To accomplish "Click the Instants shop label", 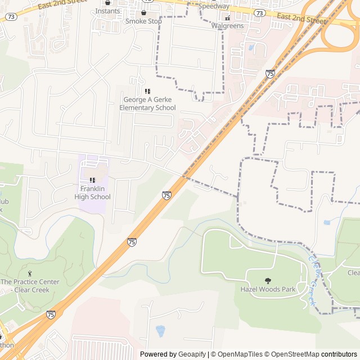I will (107, 11).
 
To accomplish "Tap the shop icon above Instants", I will (107, 3).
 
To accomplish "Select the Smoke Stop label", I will (143, 21).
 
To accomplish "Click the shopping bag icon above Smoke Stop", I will (143, 12).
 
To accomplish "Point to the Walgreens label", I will (227, 26).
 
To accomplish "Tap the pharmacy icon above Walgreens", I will (227, 17).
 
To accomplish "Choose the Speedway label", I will (214, 6).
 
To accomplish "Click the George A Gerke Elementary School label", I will (147, 103).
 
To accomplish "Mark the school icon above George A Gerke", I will (147, 91).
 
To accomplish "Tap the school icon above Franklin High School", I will (92, 181).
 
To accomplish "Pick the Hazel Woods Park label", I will (268, 289).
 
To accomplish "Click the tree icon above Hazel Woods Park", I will (268, 280).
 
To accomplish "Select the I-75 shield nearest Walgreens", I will (270, 74).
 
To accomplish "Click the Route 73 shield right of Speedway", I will (259, 12).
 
